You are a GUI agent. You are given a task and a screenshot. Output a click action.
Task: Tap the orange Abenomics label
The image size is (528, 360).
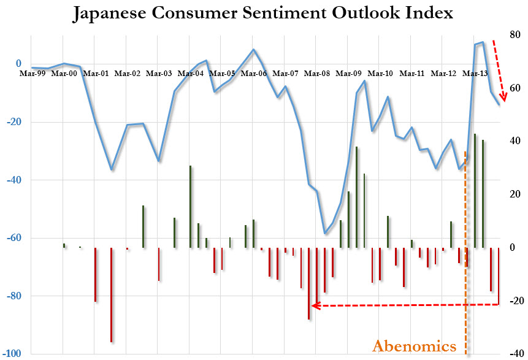click(415, 346)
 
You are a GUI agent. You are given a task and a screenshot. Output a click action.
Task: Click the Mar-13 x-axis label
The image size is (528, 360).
click(475, 74)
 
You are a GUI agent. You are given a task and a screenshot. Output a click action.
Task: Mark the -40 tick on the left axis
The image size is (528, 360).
click(13, 180)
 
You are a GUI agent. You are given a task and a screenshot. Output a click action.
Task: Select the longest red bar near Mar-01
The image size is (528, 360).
click(111, 295)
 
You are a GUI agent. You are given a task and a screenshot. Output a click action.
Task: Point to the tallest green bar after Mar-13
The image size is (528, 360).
click(475, 191)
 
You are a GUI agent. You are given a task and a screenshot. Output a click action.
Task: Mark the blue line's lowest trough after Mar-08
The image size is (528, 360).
click(325, 234)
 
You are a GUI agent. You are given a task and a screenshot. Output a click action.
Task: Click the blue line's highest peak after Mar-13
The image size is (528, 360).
click(483, 42)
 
